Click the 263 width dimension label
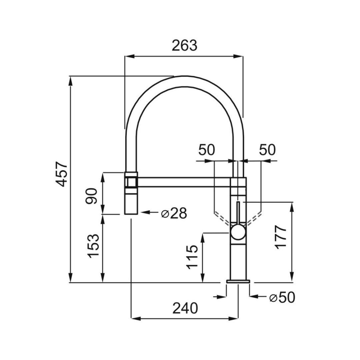coord(184,45)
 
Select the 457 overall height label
coord(62,174)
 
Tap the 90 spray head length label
coord(91,196)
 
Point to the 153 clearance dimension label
coord(94,246)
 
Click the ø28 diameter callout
coord(174,213)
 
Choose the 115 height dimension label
coord(192,257)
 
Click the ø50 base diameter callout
coord(282,298)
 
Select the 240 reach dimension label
coord(185,308)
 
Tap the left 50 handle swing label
coord(207,150)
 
